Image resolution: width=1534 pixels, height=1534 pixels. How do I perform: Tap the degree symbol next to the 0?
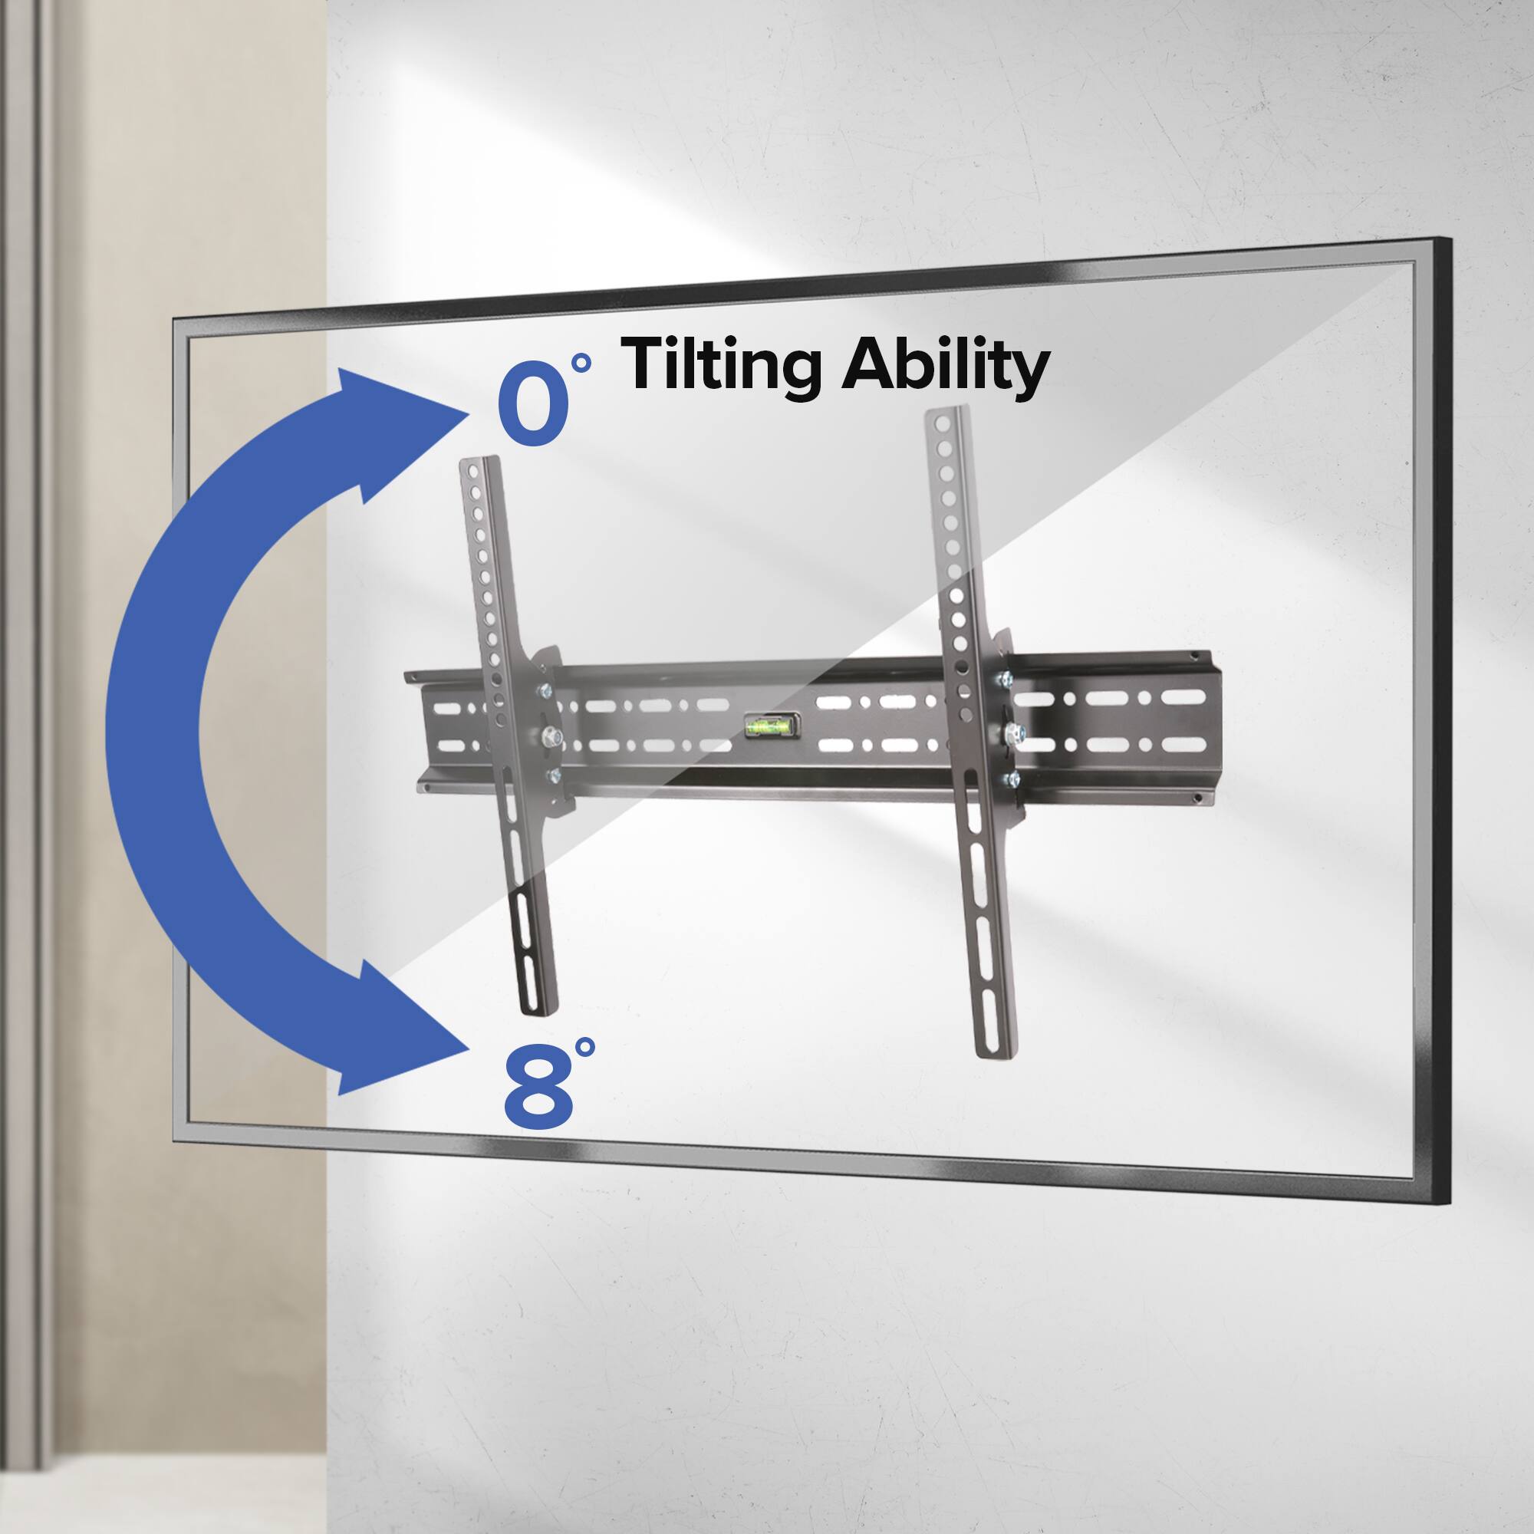582,363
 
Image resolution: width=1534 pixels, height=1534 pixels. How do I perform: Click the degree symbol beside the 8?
585,1047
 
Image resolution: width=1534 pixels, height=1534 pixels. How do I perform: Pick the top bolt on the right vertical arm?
1005,679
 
